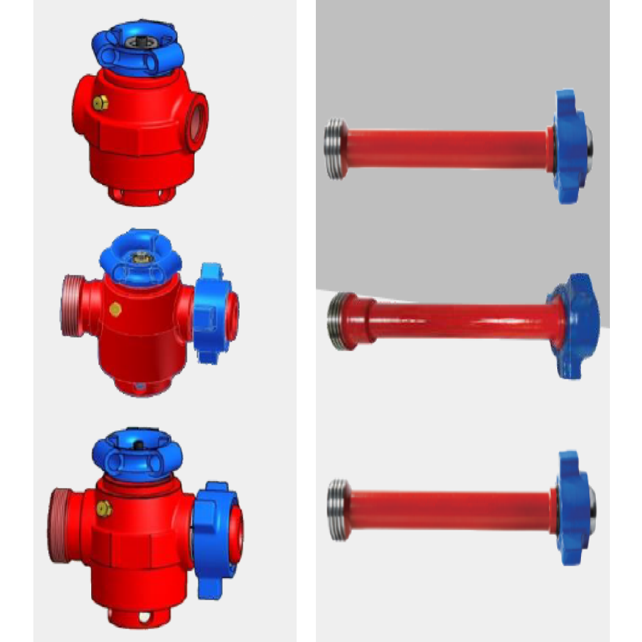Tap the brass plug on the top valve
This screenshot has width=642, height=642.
(100, 103)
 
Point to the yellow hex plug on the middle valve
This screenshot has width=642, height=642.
(116, 309)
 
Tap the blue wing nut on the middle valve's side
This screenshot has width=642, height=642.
(215, 313)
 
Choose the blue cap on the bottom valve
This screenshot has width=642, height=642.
(138, 453)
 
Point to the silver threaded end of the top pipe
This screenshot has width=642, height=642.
(334, 149)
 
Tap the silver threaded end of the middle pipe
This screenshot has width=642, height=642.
(338, 321)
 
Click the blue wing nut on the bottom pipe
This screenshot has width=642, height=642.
(573, 507)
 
